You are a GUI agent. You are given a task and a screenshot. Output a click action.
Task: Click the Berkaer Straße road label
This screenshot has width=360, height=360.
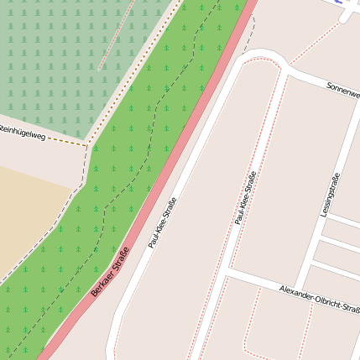tap(110, 274)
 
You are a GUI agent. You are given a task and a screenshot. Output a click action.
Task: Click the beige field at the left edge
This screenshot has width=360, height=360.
tap(25, 210)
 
